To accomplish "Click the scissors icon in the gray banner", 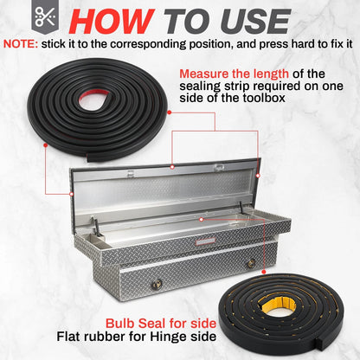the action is tap(45, 16).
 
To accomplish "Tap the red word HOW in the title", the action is tap(112, 22).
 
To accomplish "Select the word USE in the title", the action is tap(255, 22).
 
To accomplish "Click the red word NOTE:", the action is tap(21, 44).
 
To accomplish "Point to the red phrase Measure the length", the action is tap(234, 74).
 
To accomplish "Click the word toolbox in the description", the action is tap(263, 98).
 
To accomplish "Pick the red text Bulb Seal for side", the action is tap(161, 324).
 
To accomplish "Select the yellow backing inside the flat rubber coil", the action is tap(276, 303).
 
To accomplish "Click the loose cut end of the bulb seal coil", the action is tap(90, 157).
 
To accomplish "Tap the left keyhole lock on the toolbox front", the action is tap(156, 285).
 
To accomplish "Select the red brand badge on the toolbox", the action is tap(205, 241).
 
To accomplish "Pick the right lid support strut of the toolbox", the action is tap(242, 208).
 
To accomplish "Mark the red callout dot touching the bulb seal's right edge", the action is tap(170, 112).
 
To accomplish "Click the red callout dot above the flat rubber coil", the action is tap(263, 272).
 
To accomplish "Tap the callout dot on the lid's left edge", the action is tap(71, 194).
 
